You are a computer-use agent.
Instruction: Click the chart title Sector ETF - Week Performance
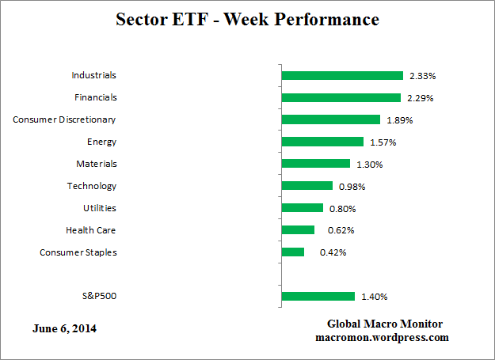tap(247, 19)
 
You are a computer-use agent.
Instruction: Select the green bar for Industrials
tap(342, 76)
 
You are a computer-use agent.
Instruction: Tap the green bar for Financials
tap(341, 98)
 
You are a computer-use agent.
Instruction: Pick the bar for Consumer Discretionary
tap(330, 120)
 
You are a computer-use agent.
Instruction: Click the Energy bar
tap(322, 142)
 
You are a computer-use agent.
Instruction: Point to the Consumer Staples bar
tap(292, 252)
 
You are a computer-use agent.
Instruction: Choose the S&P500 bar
tap(318, 297)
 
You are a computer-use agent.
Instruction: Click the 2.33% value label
tap(422, 76)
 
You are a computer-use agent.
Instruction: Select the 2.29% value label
tap(420, 98)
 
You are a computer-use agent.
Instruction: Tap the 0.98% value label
tap(352, 187)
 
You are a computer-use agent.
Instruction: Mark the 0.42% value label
tap(333, 252)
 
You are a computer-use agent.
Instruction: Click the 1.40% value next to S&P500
tap(375, 297)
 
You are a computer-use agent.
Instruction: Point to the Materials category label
tap(96, 164)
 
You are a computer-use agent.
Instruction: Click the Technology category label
tap(92, 186)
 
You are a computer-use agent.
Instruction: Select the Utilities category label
tap(100, 208)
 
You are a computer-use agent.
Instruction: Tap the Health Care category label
tap(91, 230)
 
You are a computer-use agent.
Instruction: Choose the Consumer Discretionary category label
tap(65, 119)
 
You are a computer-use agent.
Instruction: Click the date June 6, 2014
tap(67, 328)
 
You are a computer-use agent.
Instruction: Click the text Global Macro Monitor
tap(384, 324)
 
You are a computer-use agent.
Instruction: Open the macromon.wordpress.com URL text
tap(382, 337)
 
